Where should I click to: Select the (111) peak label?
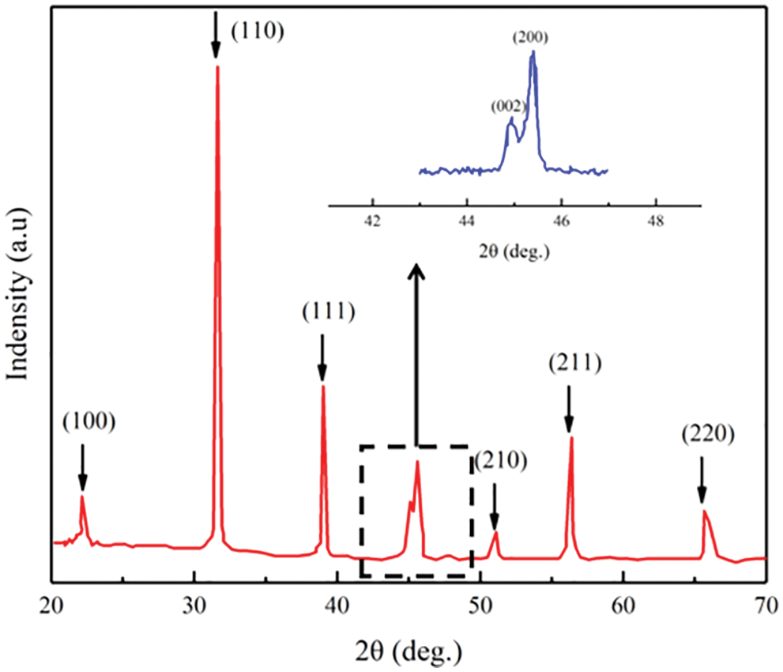329,311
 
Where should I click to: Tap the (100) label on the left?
89,422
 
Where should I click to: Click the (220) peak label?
709,433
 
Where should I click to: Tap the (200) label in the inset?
531,36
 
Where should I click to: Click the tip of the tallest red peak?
217,67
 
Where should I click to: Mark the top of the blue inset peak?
533,53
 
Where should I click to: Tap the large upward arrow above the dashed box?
417,356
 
